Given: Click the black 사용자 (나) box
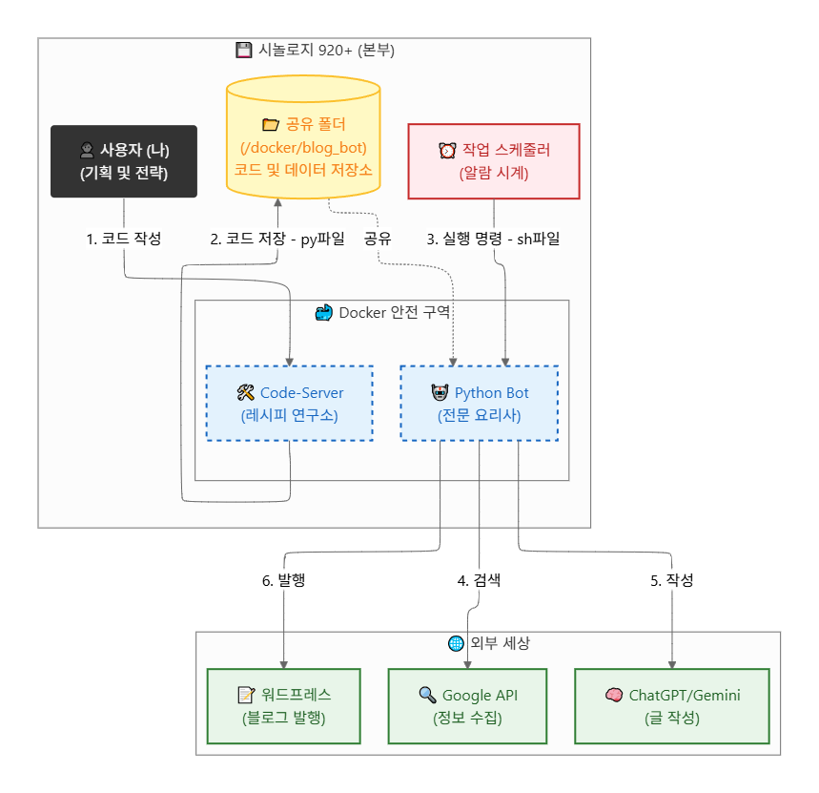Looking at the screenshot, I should click(124, 161).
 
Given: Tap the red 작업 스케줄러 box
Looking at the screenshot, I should click(493, 161).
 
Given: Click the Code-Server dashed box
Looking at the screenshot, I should click(290, 404).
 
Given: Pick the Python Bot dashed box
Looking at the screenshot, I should click(480, 404).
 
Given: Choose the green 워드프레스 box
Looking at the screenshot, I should click(284, 706).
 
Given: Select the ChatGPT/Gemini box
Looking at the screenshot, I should click(672, 706).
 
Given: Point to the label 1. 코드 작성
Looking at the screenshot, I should click(124, 239).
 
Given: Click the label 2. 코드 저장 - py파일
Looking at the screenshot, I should click(277, 239).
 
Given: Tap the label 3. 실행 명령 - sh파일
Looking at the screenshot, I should click(493, 239).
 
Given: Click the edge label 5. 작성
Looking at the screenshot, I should click(672, 580).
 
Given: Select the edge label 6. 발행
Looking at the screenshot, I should click(283, 580).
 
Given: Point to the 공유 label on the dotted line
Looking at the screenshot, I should click(378, 239).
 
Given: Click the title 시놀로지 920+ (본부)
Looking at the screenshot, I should click(315, 51).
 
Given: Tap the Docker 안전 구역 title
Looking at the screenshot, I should click(381, 313).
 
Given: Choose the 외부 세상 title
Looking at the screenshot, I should click(488, 643).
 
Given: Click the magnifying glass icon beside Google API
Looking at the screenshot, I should click(426, 695).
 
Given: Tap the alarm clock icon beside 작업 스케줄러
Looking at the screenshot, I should click(446, 150).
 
